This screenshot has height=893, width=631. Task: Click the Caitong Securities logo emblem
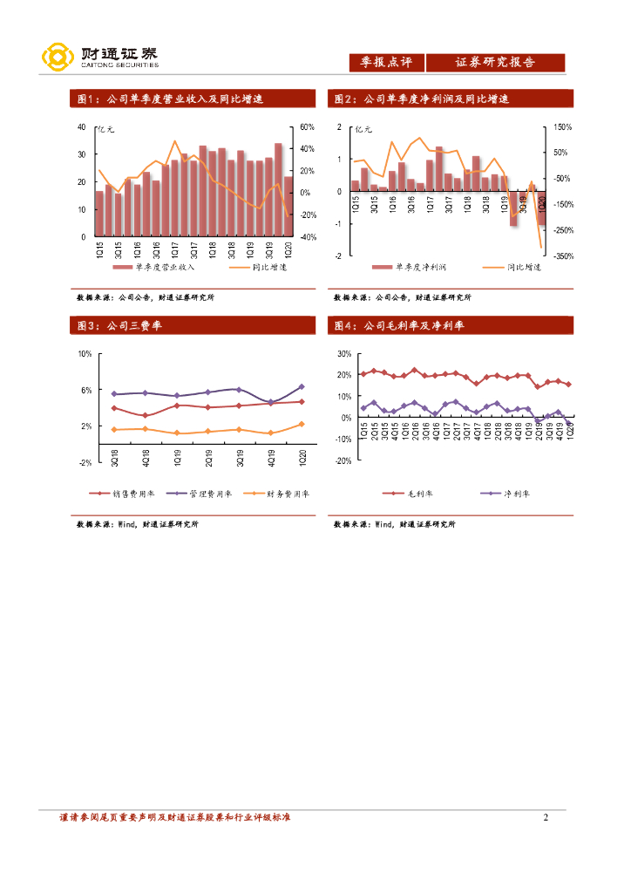[58, 58]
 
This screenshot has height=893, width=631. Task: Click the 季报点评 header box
[386, 62]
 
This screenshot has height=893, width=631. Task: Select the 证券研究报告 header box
[495, 62]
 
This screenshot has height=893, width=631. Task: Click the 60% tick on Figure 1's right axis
[306, 127]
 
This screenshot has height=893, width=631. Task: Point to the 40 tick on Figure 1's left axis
[81, 127]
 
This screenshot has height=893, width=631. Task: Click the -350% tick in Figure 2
[562, 256]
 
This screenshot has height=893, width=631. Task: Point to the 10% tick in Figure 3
[85, 354]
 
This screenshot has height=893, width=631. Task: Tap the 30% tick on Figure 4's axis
[343, 354]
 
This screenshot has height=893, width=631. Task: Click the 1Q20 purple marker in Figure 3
[302, 386]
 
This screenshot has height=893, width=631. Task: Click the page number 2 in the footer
[546, 817]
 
